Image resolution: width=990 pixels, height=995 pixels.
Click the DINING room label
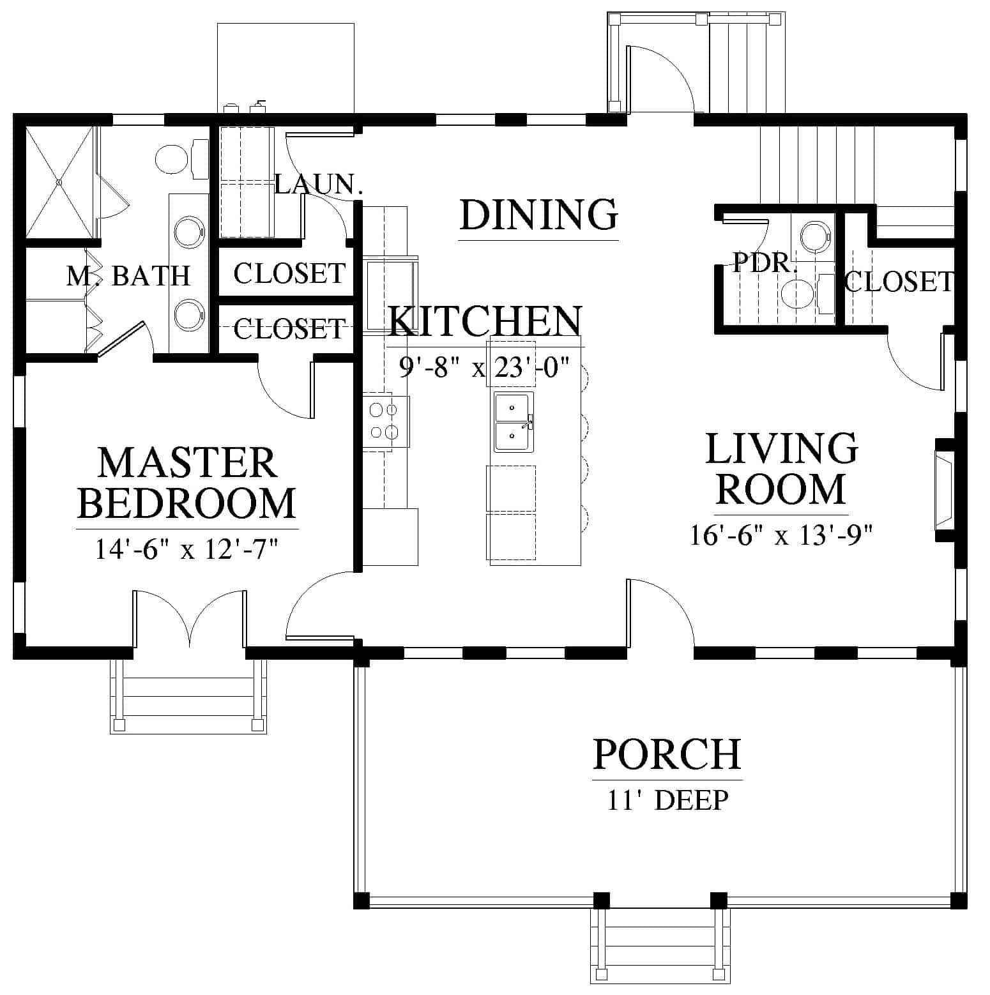(538, 215)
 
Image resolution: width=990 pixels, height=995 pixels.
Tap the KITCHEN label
(485, 321)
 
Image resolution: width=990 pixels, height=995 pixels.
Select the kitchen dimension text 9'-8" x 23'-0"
(484, 368)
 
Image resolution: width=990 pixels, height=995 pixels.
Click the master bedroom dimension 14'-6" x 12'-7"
(187, 549)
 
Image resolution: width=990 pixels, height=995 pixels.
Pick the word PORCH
(667, 754)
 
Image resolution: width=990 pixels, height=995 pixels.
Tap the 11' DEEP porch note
(667, 800)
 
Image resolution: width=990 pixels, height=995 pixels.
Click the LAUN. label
(319, 185)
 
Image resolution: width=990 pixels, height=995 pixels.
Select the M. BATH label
(128, 276)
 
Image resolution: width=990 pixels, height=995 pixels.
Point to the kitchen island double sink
(512, 423)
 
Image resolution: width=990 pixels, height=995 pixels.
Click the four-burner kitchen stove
(386, 422)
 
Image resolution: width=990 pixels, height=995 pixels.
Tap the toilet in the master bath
(181, 158)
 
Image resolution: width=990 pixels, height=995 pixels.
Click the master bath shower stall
(59, 182)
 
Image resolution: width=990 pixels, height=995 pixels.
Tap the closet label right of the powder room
(899, 282)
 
